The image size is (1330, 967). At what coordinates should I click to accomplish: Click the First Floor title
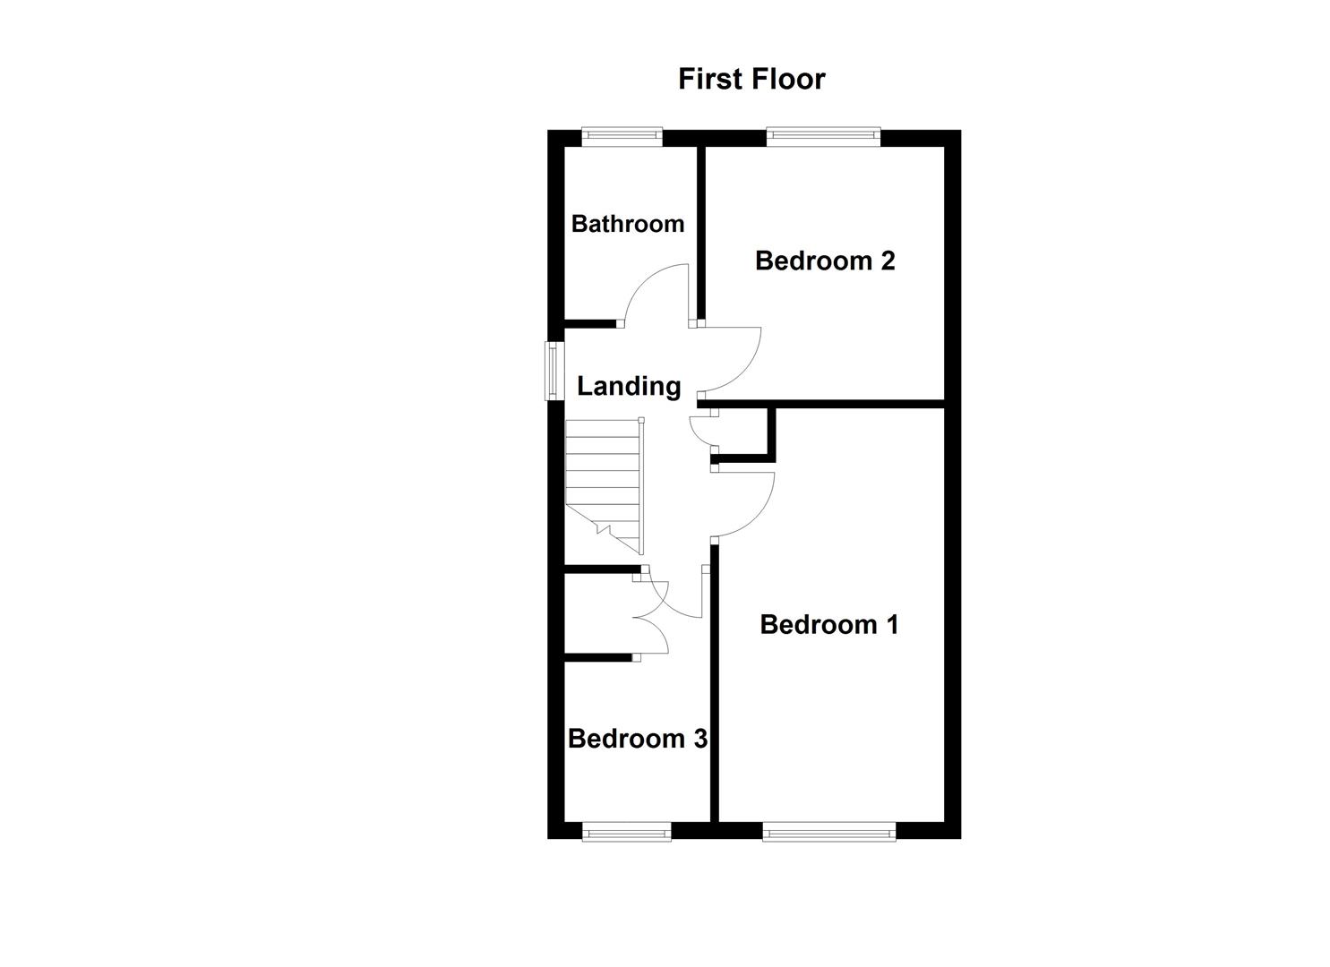751,79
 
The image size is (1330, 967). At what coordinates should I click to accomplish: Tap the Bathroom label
627,223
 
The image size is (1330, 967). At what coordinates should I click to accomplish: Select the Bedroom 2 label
825,261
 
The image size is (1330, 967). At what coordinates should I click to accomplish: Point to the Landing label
629,386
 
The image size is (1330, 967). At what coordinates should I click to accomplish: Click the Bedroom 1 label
828,624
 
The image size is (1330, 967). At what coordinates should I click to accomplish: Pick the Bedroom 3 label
637,739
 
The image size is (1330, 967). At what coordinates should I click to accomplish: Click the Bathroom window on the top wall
622,137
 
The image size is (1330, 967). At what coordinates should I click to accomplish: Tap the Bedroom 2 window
822,137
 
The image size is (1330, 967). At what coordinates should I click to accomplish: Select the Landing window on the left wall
555,372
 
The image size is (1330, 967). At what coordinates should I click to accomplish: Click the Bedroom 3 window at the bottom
626,833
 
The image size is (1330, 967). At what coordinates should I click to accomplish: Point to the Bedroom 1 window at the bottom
828,833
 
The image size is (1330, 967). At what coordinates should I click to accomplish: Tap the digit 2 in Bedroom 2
887,261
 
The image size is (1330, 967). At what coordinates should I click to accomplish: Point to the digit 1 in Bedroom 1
891,624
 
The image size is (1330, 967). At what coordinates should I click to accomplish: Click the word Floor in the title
788,79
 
